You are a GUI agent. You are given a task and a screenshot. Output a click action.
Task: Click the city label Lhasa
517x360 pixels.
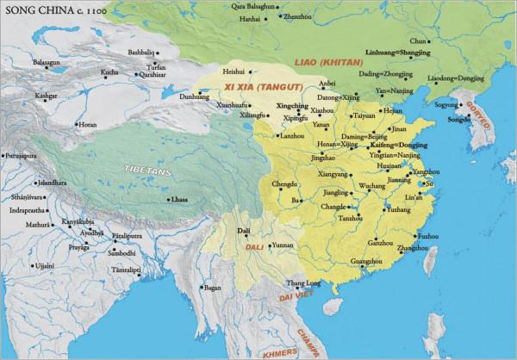coord(179,199)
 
